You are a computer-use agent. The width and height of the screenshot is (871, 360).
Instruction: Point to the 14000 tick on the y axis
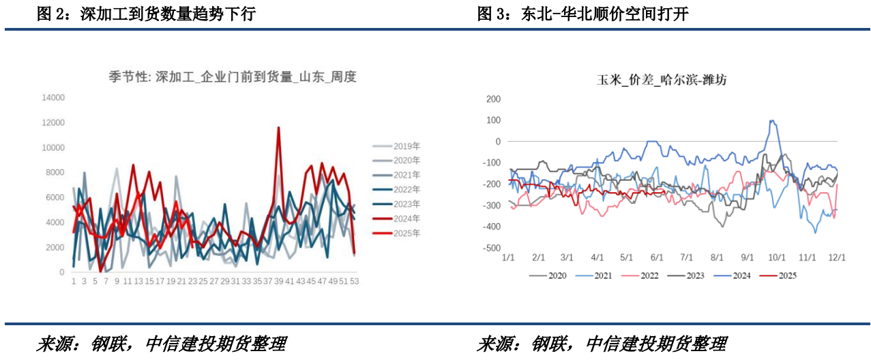pyautogui.click(x=53, y=97)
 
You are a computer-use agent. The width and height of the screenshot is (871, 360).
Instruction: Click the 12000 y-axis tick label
pyautogui.click(x=53, y=123)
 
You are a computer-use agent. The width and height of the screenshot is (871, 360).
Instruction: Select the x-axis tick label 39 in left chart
pyautogui.click(x=278, y=281)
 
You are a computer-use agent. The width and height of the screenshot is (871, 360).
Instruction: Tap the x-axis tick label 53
pyautogui.click(x=355, y=281)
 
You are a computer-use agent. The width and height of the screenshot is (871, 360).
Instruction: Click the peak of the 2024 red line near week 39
pyautogui.click(x=278, y=127)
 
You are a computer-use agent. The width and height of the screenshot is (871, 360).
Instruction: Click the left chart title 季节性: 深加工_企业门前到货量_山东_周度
pyautogui.click(x=233, y=77)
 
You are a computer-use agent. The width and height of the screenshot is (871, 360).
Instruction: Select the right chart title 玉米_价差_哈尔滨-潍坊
pyautogui.click(x=662, y=80)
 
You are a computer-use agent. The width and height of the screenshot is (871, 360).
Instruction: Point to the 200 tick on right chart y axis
pyautogui.click(x=493, y=99)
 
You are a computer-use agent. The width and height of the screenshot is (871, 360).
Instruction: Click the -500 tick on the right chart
pyautogui.click(x=491, y=248)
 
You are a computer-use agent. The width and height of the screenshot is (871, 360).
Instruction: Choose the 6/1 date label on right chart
pyautogui.click(x=658, y=258)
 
